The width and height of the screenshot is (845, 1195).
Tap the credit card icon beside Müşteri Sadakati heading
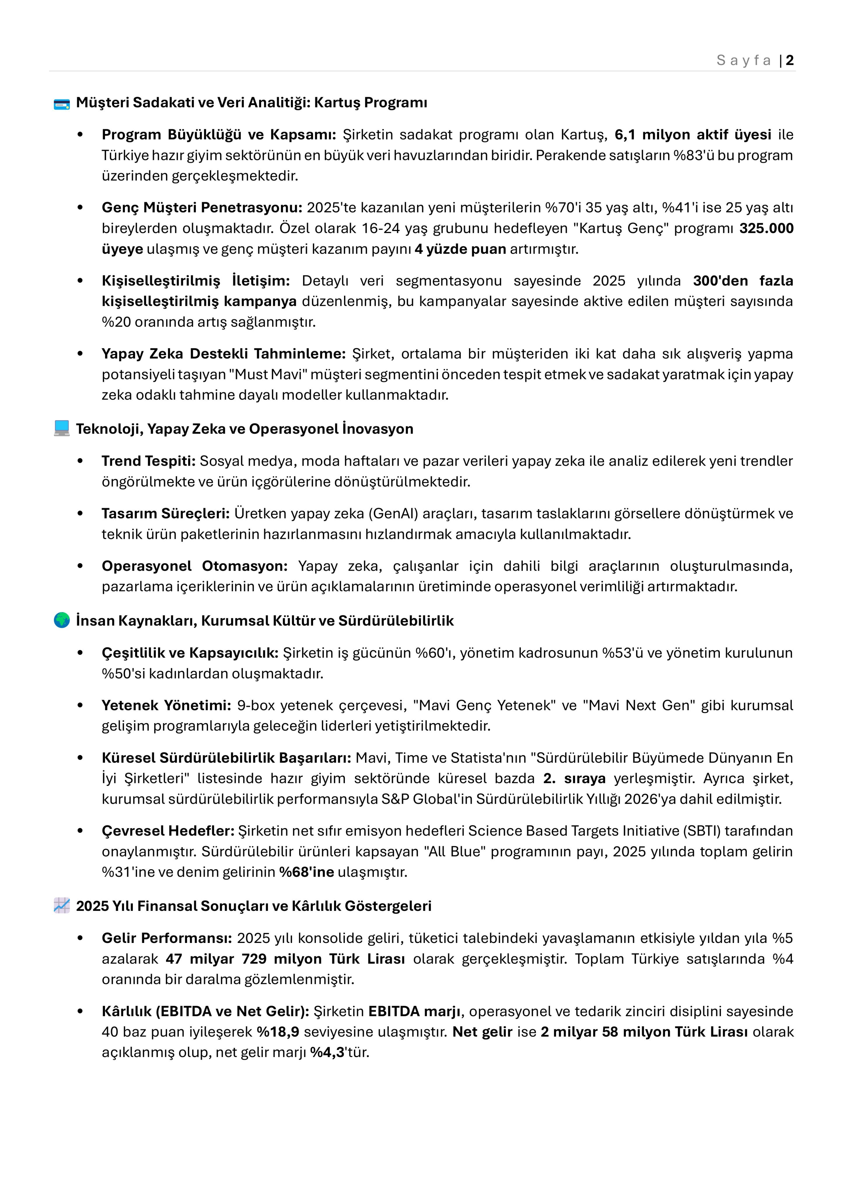[x=62, y=104]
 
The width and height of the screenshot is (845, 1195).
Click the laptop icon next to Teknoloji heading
[x=62, y=428]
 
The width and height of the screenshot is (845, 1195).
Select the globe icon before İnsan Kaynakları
[x=62, y=620]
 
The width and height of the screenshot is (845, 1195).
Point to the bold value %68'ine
[x=307, y=872]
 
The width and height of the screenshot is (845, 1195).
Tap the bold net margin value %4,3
[x=327, y=1052]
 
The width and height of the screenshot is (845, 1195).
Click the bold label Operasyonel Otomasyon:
[x=195, y=566]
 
